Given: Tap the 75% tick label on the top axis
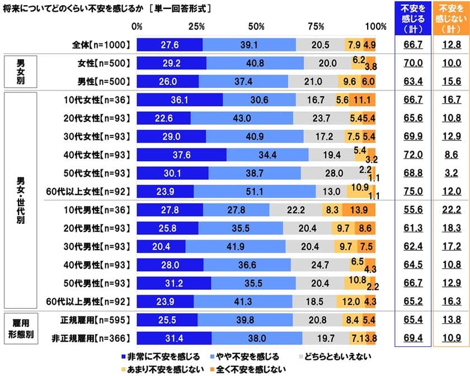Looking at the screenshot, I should point(316,26).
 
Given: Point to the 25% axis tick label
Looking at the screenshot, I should point(196,26).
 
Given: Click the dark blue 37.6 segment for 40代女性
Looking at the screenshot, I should point(181,154).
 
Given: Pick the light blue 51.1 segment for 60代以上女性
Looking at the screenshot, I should point(255,191).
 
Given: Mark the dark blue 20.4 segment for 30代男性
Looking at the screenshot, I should point(161,246).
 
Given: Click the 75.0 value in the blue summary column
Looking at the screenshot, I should point(412,191).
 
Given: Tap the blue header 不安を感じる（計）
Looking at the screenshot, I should point(412,18).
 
